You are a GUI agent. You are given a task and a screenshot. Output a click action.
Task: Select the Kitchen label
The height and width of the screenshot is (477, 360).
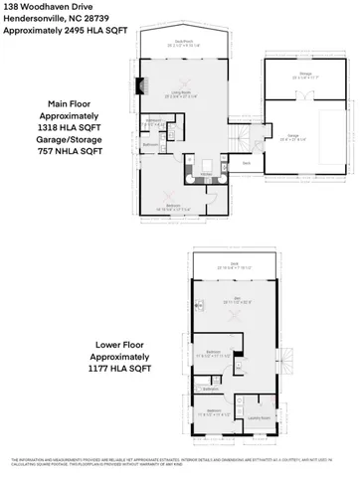(207, 175)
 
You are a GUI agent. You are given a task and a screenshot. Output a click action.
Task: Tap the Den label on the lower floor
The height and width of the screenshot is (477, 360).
(237, 297)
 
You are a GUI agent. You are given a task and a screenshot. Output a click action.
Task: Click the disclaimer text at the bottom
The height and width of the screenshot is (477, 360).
(180, 463)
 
